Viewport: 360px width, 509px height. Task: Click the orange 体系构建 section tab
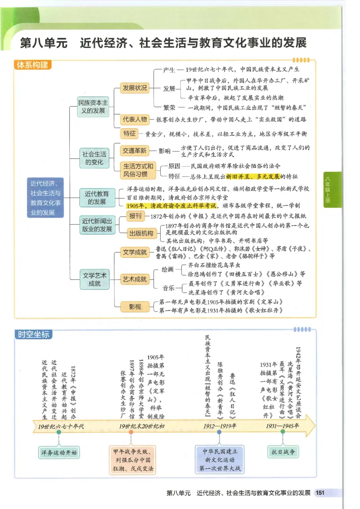tap(32, 65)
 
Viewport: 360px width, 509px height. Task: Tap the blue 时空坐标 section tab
tap(33, 335)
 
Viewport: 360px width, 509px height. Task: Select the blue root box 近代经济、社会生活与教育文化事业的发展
tap(45, 198)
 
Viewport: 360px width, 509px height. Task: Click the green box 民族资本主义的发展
tap(93, 107)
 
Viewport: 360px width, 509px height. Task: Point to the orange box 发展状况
tap(135, 88)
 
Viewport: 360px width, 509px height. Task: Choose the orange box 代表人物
tap(135, 120)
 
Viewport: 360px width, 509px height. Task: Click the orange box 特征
tap(129, 134)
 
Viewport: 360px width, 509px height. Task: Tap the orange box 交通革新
tap(135, 151)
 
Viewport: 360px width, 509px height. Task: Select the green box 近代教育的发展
tap(97, 198)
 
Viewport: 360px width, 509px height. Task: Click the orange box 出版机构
tap(141, 233)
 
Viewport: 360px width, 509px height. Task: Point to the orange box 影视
tap(135, 307)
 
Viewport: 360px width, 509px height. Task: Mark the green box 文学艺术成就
tap(94, 279)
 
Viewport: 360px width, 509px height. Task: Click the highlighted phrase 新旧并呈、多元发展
tap(253, 177)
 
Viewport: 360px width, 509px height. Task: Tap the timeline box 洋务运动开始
tap(59, 452)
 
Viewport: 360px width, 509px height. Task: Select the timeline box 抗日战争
tap(283, 452)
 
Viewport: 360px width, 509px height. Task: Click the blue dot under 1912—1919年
tap(219, 432)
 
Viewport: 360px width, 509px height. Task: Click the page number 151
tap(320, 493)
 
